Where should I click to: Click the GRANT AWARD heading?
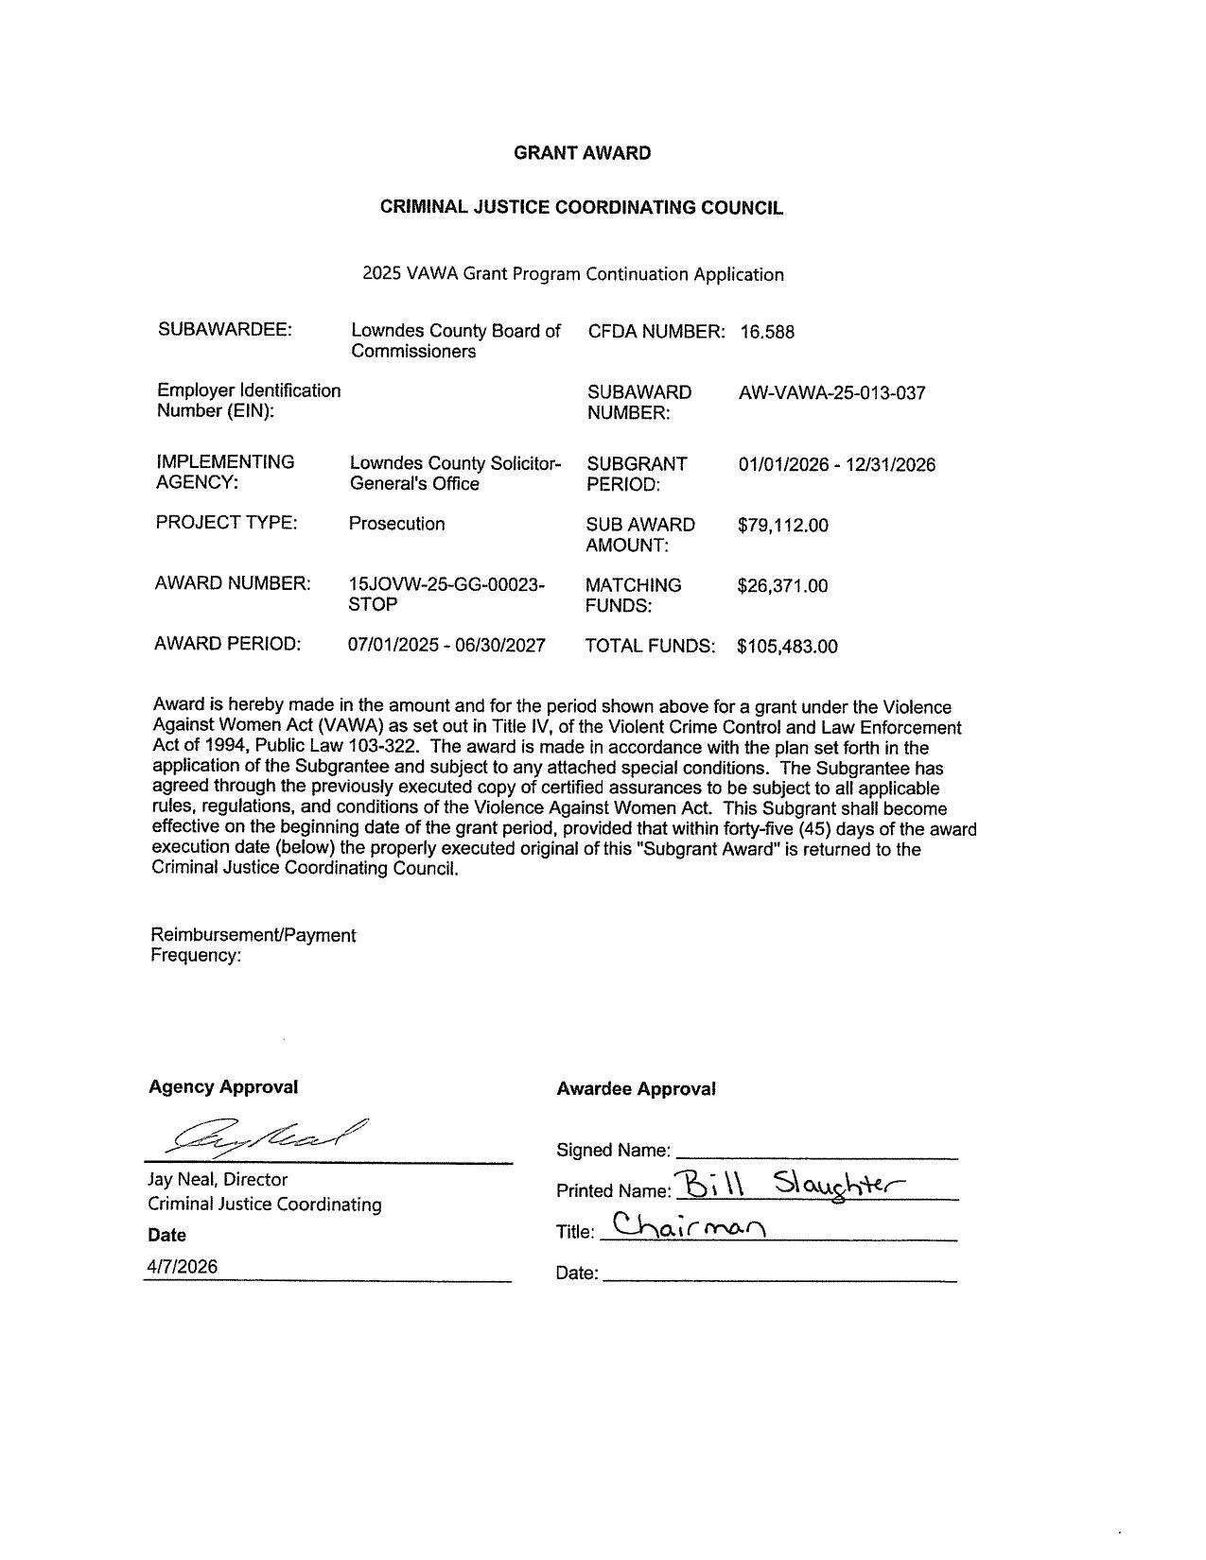582,153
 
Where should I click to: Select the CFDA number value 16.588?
767,332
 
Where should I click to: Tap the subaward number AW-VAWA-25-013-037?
831,392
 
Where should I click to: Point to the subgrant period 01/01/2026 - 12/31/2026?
836,464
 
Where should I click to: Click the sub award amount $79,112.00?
782,525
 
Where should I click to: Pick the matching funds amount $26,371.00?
782,585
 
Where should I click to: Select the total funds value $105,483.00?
787,647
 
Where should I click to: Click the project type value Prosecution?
396,524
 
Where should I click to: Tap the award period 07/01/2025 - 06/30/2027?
446,646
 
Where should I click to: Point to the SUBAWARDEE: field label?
225,330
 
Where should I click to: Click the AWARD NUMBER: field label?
233,583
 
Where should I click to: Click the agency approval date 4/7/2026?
182,1267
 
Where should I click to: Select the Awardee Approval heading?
636,1089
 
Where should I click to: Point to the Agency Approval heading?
223,1087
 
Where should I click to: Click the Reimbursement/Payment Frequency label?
253,945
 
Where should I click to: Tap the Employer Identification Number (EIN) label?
248,401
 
